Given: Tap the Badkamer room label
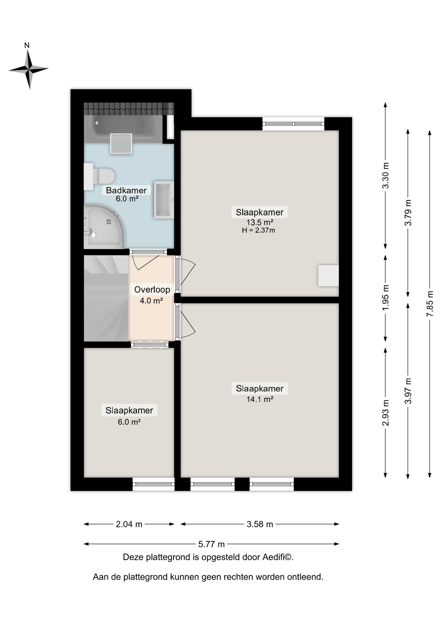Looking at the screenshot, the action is click(x=126, y=190).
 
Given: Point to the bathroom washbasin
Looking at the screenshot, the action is click(x=163, y=200).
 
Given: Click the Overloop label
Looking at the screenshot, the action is click(x=152, y=290).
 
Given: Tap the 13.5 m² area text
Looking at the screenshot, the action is click(x=260, y=222).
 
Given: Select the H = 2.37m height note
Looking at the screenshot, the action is click(x=258, y=230).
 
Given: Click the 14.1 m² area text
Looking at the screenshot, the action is click(x=260, y=399).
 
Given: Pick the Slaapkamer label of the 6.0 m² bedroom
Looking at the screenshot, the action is click(x=129, y=410).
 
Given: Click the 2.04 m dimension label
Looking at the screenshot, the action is click(x=129, y=524).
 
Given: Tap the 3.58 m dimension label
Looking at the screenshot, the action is click(x=260, y=524).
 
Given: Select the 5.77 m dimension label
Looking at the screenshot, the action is click(x=211, y=544).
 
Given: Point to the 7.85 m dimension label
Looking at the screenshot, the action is click(x=430, y=304).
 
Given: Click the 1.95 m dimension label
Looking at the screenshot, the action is click(x=385, y=297).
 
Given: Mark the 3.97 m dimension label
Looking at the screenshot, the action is click(x=408, y=391).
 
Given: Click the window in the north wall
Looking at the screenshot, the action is click(x=293, y=124).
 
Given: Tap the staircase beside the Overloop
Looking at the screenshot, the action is click(x=106, y=298).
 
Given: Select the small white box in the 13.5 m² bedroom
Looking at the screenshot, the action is click(x=328, y=276).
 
